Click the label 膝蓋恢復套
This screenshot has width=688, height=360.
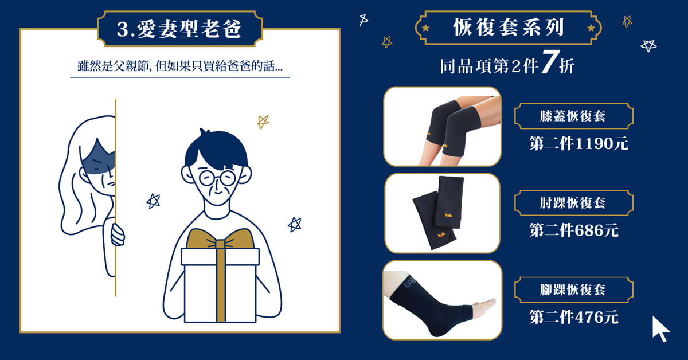pos(574,117)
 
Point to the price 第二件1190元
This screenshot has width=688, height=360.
pos(578,143)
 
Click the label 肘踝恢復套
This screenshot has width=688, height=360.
pos(574,203)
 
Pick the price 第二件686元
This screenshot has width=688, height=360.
pos(574,230)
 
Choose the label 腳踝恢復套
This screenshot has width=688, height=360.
pos(574,289)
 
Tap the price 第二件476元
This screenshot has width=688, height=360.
pos(574,316)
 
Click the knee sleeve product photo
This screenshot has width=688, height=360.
pos(442,127)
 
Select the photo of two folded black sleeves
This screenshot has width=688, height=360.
pos(442,213)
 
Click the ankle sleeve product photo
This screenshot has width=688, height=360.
pos(442,300)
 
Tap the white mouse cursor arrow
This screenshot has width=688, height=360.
pos(660,328)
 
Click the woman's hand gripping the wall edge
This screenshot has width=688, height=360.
pos(117,234)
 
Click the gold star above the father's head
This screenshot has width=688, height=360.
pos(263,122)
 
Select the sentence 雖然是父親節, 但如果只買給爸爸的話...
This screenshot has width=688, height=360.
pos(179,66)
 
